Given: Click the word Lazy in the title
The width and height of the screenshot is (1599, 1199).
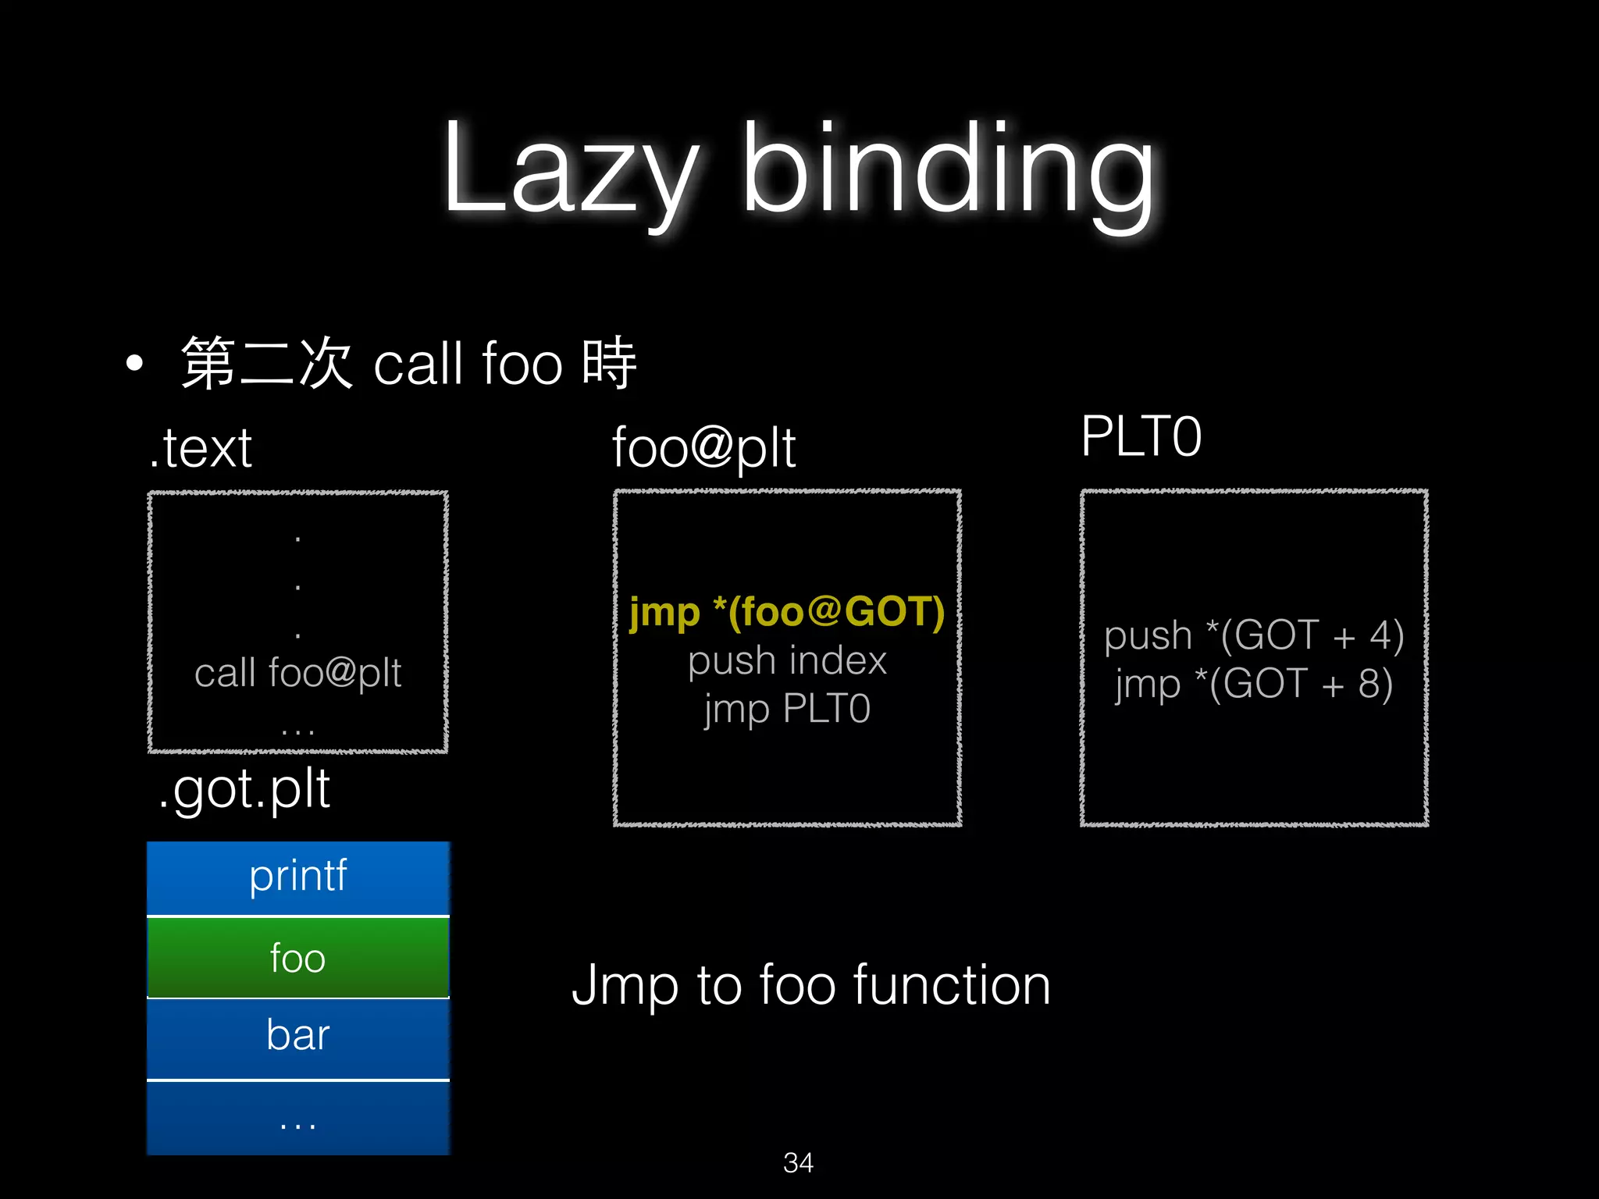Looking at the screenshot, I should click(570, 168).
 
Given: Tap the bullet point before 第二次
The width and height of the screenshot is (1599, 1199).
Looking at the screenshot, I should click(134, 363).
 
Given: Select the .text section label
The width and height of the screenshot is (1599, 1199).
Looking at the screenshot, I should click(201, 448).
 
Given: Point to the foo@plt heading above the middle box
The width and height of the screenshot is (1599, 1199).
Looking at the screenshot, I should click(703, 448).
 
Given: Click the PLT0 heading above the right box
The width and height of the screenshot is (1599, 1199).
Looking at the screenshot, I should click(1141, 436).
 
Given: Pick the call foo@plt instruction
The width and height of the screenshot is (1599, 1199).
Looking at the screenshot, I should click(297, 673).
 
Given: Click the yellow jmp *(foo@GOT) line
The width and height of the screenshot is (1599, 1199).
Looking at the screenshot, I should click(787, 611).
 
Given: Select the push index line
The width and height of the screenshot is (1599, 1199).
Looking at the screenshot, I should click(787, 661).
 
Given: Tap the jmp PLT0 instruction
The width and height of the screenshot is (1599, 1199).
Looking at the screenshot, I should click(787, 710).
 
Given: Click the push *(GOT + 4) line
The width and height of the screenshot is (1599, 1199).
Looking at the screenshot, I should click(1254, 635).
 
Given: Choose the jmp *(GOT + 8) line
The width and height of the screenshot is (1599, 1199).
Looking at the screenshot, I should click(1254, 684).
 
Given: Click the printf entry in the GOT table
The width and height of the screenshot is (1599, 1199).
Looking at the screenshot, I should click(297, 877).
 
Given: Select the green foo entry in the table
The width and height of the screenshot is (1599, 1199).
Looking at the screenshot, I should click(297, 958).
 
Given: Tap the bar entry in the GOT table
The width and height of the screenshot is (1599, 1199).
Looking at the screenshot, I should click(297, 1036).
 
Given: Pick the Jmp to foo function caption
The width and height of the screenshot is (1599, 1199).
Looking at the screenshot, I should click(811, 985).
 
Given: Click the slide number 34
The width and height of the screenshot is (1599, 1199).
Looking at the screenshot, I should click(798, 1163).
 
